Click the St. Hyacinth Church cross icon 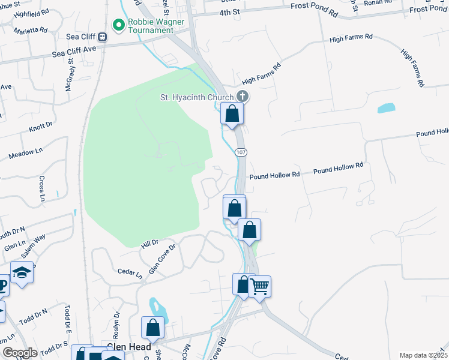[x=242, y=97]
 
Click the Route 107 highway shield [x=241, y=153]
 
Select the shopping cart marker [x=259, y=286]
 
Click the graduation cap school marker [x=22, y=273]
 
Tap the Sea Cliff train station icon [x=103, y=37]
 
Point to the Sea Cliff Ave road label [x=74, y=53]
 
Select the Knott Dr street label [x=41, y=127]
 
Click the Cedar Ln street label [x=130, y=274]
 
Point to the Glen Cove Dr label [x=162, y=259]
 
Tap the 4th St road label [x=229, y=12]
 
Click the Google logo [x=20, y=353]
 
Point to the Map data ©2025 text [x=423, y=355]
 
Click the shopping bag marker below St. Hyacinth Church [x=232, y=113]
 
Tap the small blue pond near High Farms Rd [x=386, y=109]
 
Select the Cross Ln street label [x=42, y=188]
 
